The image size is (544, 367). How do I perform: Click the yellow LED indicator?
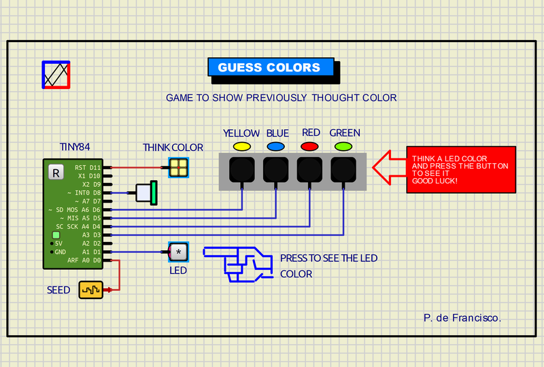click(x=241, y=146)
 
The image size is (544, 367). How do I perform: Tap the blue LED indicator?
click(x=275, y=146)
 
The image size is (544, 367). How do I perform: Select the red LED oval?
click(x=309, y=146)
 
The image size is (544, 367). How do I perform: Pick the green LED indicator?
click(x=343, y=146)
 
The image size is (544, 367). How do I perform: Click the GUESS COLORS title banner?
click(x=269, y=67)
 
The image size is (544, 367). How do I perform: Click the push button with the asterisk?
click(x=179, y=252)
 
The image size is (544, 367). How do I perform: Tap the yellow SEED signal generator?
click(x=90, y=290)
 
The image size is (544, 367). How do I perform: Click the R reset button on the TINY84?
click(x=56, y=173)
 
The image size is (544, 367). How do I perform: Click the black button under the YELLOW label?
click(x=241, y=169)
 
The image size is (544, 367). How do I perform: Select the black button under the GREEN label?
click(x=343, y=169)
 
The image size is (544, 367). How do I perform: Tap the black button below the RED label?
click(x=309, y=169)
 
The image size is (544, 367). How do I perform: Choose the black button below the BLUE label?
click(x=275, y=169)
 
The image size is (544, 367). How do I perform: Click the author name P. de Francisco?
click(x=462, y=317)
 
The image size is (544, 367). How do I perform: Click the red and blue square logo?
click(x=56, y=75)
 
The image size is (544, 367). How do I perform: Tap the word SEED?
click(x=58, y=290)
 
